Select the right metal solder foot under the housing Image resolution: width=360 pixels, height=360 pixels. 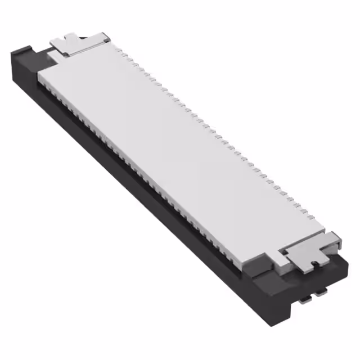[x=322, y=292]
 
